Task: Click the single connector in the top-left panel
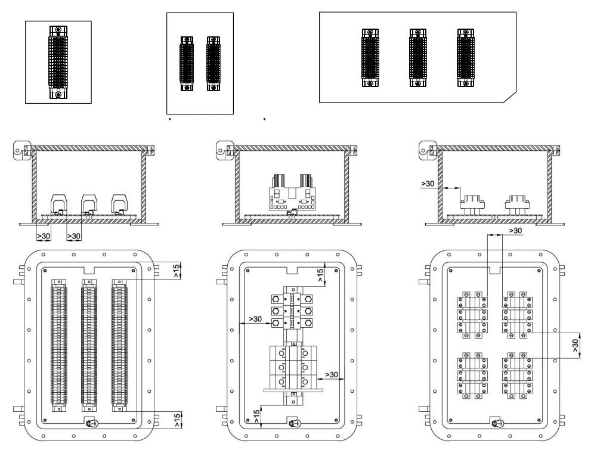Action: click(57, 62)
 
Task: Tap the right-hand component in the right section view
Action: click(518, 205)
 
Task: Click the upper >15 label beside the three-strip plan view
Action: click(177, 271)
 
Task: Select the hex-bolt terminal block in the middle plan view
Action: click(291, 310)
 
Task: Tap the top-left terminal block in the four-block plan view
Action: click(470, 313)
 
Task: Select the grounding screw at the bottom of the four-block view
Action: click(494, 423)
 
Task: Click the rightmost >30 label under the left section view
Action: click(74, 237)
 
